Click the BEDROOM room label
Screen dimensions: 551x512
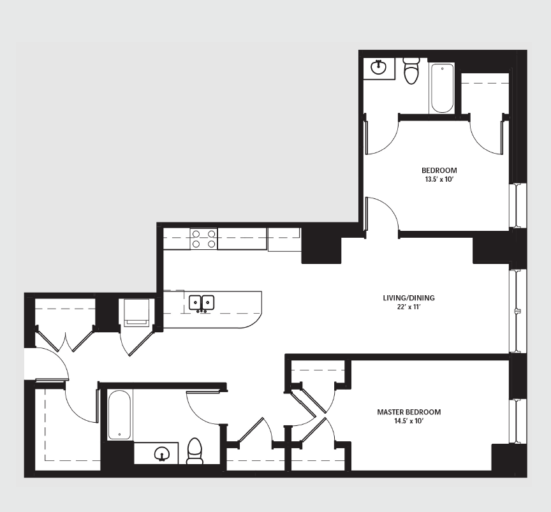439,170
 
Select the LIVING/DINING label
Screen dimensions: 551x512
409,298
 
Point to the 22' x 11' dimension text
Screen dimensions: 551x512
408,307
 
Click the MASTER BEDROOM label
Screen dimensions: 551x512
409,412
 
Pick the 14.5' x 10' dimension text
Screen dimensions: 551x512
409,421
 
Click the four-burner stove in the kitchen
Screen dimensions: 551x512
204,239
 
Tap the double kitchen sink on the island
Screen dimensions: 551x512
202,303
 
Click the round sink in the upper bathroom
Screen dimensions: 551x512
378,68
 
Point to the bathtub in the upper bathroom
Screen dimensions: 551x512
442,88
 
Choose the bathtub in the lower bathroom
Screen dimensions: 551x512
119,414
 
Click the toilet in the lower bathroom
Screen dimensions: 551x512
195,451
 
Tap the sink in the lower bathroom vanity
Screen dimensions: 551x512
162,454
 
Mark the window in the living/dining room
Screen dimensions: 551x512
518,311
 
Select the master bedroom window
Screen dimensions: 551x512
518,421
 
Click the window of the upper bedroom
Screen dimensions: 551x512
518,205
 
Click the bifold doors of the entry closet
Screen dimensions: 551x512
65,339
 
